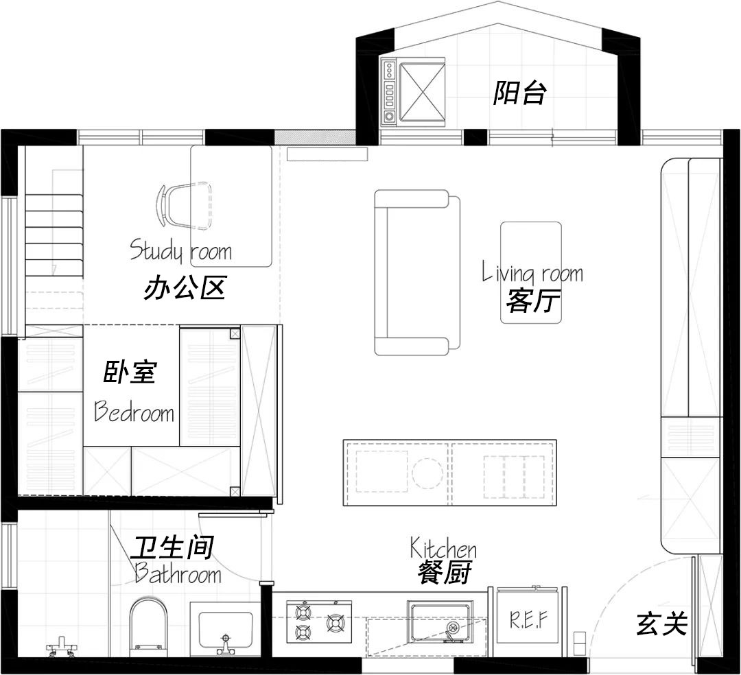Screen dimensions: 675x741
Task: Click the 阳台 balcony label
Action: click(x=519, y=93)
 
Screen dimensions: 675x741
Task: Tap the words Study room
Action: click(x=180, y=250)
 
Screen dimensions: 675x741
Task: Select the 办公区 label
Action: click(x=185, y=289)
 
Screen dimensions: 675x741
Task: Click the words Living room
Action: click(x=532, y=272)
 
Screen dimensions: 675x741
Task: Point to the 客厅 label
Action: click(x=533, y=300)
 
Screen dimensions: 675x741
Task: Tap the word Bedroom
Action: click(x=134, y=412)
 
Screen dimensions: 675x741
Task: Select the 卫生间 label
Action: click(x=172, y=547)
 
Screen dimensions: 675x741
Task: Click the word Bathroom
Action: click(x=178, y=573)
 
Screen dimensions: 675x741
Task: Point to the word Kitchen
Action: click(x=443, y=548)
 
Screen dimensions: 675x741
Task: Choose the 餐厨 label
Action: click(x=445, y=573)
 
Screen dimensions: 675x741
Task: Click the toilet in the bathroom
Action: click(x=148, y=626)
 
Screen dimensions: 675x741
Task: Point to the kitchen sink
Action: click(x=440, y=621)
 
